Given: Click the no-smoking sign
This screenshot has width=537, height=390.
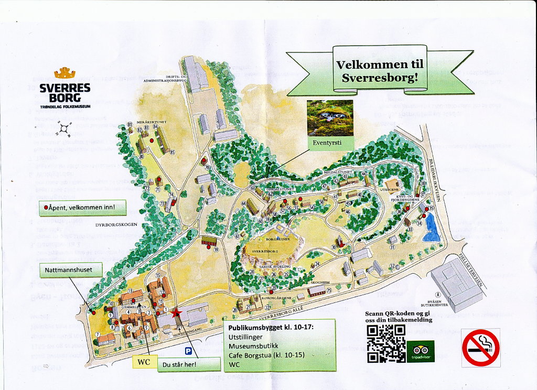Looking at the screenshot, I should click(x=481, y=348).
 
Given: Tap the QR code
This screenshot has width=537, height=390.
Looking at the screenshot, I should click(x=386, y=343).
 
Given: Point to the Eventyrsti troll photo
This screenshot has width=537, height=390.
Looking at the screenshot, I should click(x=330, y=118).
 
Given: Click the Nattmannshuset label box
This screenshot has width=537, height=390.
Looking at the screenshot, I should click(x=69, y=270).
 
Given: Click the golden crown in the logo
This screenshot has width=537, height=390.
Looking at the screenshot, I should click(x=65, y=73).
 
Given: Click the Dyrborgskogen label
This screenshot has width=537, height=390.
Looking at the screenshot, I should click(x=116, y=225).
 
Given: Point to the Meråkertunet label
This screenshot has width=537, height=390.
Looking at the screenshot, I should click(x=152, y=122).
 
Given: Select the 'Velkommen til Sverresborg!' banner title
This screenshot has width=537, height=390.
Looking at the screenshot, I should click(x=380, y=71).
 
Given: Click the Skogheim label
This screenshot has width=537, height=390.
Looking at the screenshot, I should click(x=319, y=281).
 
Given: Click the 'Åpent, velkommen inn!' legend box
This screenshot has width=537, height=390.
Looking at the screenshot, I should click(x=83, y=208).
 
